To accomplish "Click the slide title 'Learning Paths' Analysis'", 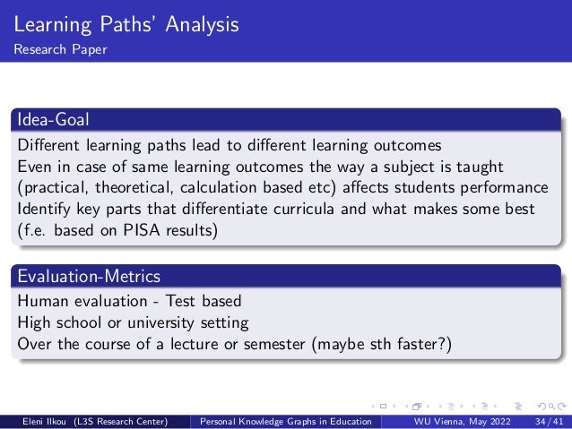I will [x=126, y=24].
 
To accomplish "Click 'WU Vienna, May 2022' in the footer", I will [x=456, y=420].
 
